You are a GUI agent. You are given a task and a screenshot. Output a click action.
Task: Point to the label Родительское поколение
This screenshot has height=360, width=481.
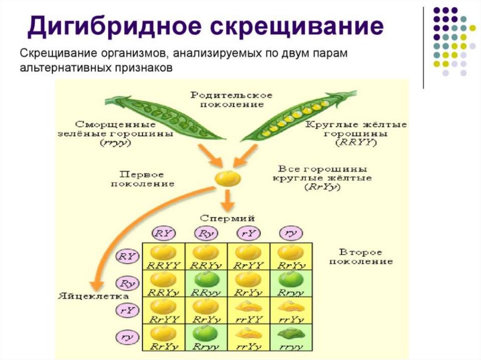pyautogui.click(x=231, y=100)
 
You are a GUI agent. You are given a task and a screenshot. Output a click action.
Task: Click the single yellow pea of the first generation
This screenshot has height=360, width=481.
pyautogui.click(x=228, y=179)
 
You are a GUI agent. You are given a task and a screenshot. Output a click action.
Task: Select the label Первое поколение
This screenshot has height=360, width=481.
pyautogui.click(x=142, y=179)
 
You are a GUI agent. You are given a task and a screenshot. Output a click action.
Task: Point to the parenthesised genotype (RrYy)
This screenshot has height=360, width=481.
pyautogui.click(x=322, y=187)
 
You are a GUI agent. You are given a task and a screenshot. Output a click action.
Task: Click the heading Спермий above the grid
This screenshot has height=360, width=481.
pyautogui.click(x=227, y=218)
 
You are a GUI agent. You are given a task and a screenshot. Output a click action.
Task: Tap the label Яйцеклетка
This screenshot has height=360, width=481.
pyautogui.click(x=86, y=296)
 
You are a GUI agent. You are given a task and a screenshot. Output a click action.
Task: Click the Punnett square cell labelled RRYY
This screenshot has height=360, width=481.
pyautogui.click(x=164, y=256)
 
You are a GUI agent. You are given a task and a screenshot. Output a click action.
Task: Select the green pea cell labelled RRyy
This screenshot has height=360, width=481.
pyautogui.click(x=206, y=283)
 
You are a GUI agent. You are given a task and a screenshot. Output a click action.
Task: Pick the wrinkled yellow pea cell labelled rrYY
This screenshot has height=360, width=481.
pyautogui.click(x=248, y=310)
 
